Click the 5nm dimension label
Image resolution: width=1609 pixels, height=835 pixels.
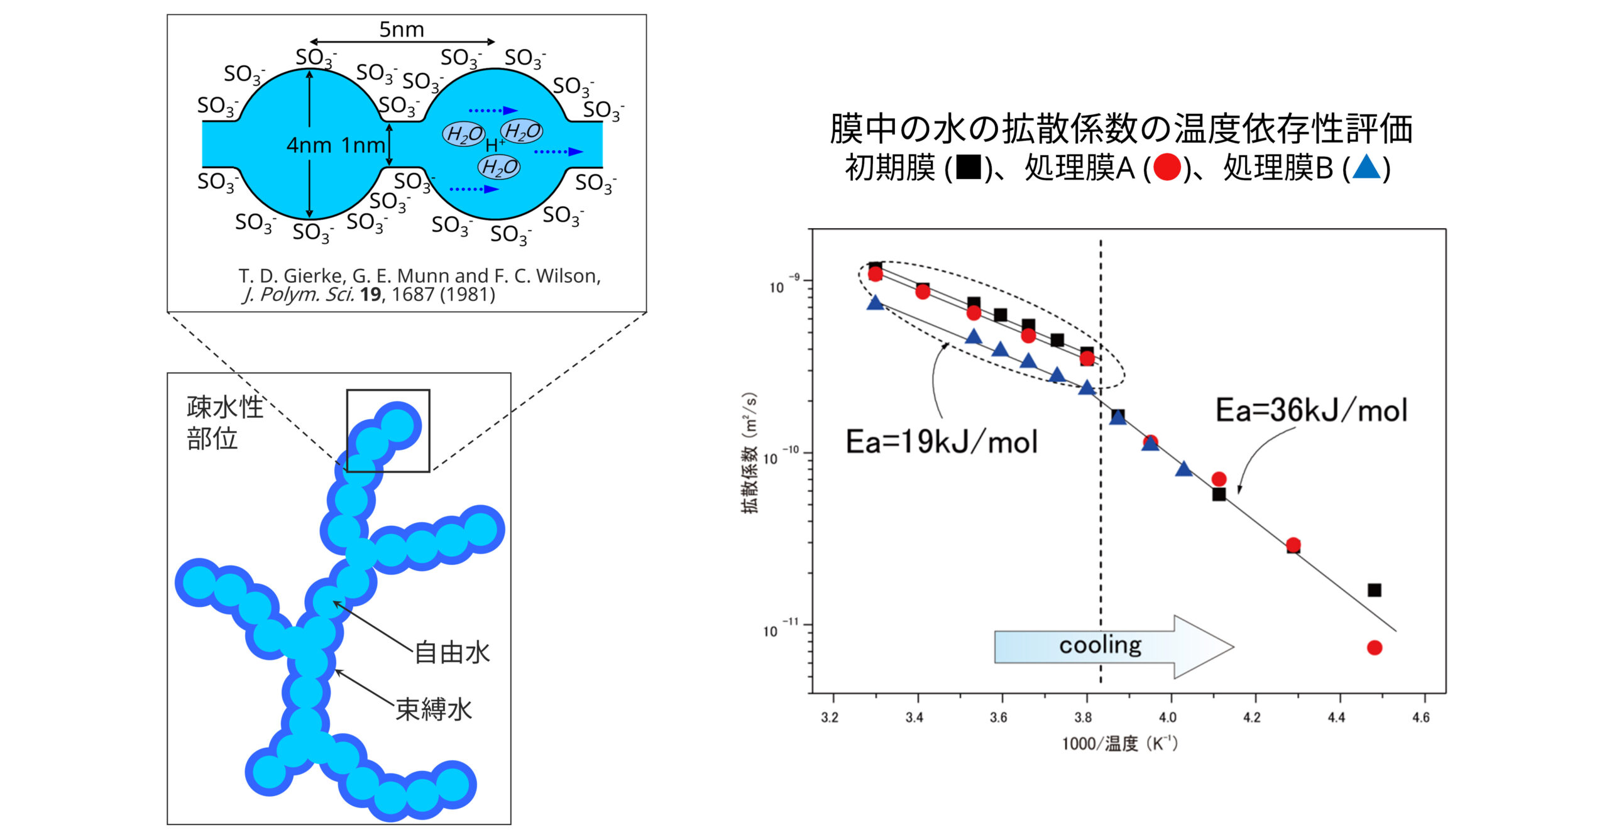pos(401,29)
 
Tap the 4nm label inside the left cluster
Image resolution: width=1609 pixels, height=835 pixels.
pos(309,145)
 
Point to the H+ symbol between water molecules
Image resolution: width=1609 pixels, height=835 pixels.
pos(494,145)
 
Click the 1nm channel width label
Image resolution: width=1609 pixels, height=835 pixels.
pos(363,145)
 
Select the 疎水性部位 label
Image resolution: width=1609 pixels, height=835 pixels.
pos(224,422)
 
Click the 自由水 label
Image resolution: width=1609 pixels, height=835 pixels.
pos(452,652)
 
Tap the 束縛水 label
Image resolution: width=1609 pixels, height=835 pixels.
pos(434,709)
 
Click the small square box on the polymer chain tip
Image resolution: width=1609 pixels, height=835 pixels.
pos(388,430)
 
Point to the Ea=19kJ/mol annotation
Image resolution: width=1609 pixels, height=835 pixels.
pos(941,442)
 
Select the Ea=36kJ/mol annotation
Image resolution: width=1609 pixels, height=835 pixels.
pos(1311,410)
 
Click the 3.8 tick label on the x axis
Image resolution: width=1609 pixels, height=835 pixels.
pos(1083,717)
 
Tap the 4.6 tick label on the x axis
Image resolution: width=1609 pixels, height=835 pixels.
pos(1420,717)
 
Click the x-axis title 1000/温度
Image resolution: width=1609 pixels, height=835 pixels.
pos(1119,743)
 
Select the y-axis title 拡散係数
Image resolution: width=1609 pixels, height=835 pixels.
pos(750,453)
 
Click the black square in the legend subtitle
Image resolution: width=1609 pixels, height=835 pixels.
pos(968,168)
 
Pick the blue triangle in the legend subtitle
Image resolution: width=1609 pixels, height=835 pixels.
pos(1366,168)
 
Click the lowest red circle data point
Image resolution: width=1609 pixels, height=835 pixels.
pos(1375,647)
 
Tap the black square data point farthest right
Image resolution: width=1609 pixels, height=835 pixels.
pos(1375,590)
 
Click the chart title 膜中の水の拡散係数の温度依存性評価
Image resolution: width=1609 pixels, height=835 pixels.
pos(1121,128)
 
